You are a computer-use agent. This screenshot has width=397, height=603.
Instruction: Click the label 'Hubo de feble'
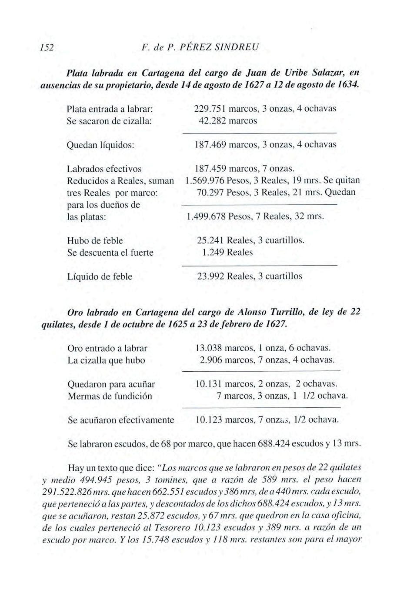click(x=95, y=240)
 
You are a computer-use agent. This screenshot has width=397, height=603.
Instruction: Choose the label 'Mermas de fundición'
click(x=110, y=396)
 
